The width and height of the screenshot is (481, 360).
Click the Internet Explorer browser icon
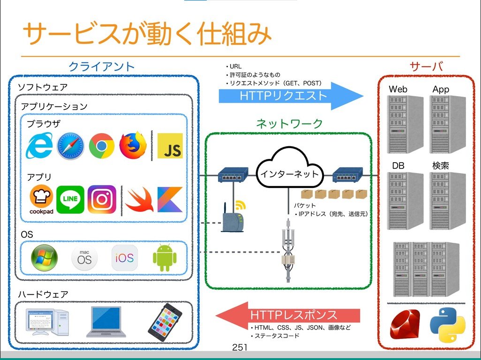tap(39, 146)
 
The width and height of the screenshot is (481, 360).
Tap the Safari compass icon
tap(70, 146)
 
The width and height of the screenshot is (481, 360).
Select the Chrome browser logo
tap(102, 145)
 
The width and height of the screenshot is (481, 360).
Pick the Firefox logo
tap(133, 145)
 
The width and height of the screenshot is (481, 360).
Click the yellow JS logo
tap(170, 146)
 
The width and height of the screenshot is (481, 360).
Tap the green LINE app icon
tap(70, 200)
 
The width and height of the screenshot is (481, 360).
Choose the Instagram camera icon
tap(102, 199)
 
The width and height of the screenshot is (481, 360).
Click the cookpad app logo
tap(41, 200)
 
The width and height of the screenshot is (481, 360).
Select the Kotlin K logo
tap(170, 200)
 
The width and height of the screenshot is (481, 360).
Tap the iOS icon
tap(125, 257)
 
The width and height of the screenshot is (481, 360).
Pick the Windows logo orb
tap(45, 257)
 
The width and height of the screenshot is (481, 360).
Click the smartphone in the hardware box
tap(165, 321)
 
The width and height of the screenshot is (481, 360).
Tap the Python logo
tap(447, 324)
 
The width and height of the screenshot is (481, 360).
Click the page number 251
tap(240, 347)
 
